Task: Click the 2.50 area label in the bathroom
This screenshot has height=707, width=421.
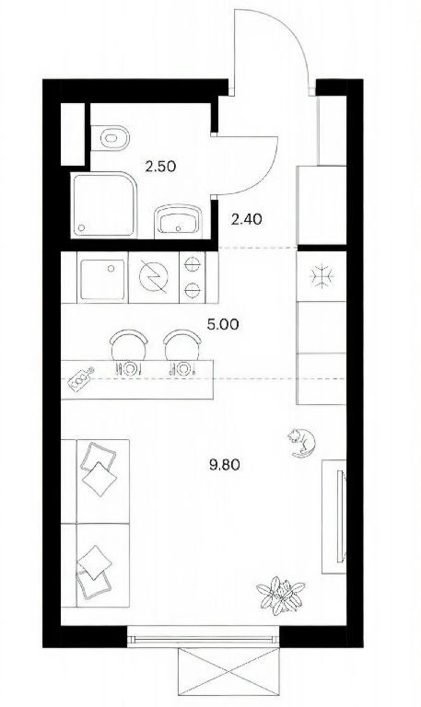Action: pyautogui.click(x=160, y=167)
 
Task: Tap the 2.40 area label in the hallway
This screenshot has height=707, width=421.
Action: pyautogui.click(x=246, y=220)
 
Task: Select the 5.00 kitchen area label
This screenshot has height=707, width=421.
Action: pyautogui.click(x=223, y=324)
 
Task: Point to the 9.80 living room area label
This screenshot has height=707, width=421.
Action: pyautogui.click(x=224, y=464)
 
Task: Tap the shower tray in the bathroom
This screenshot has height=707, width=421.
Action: pyautogui.click(x=104, y=204)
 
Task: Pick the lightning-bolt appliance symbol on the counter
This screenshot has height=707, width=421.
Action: pyautogui.click(x=154, y=276)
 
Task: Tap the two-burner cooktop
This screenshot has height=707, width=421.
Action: pyautogui.click(x=193, y=276)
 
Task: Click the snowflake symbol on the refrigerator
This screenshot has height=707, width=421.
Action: pyautogui.click(x=322, y=275)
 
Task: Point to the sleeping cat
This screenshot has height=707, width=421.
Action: pyautogui.click(x=301, y=442)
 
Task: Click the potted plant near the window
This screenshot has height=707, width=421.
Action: pyautogui.click(x=281, y=597)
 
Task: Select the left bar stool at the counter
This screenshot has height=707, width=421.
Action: pyautogui.click(x=129, y=345)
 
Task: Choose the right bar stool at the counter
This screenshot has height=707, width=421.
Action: pyautogui.click(x=181, y=345)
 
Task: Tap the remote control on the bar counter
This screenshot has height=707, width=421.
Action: pyautogui.click(x=81, y=377)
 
